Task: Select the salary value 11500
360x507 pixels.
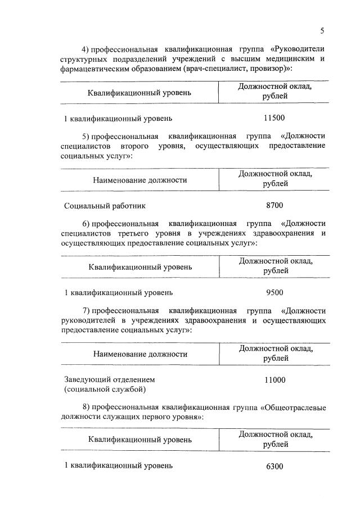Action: tap(274, 118)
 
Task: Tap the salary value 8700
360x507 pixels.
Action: tap(274, 205)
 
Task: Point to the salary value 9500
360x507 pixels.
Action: tap(274, 292)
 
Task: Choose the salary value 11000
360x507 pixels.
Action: tap(274, 379)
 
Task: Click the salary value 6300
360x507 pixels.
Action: tap(274, 466)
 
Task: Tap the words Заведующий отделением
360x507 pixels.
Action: tap(109, 379)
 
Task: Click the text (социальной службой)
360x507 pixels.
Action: tap(105, 389)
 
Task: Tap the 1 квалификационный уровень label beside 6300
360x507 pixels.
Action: tap(118, 466)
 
